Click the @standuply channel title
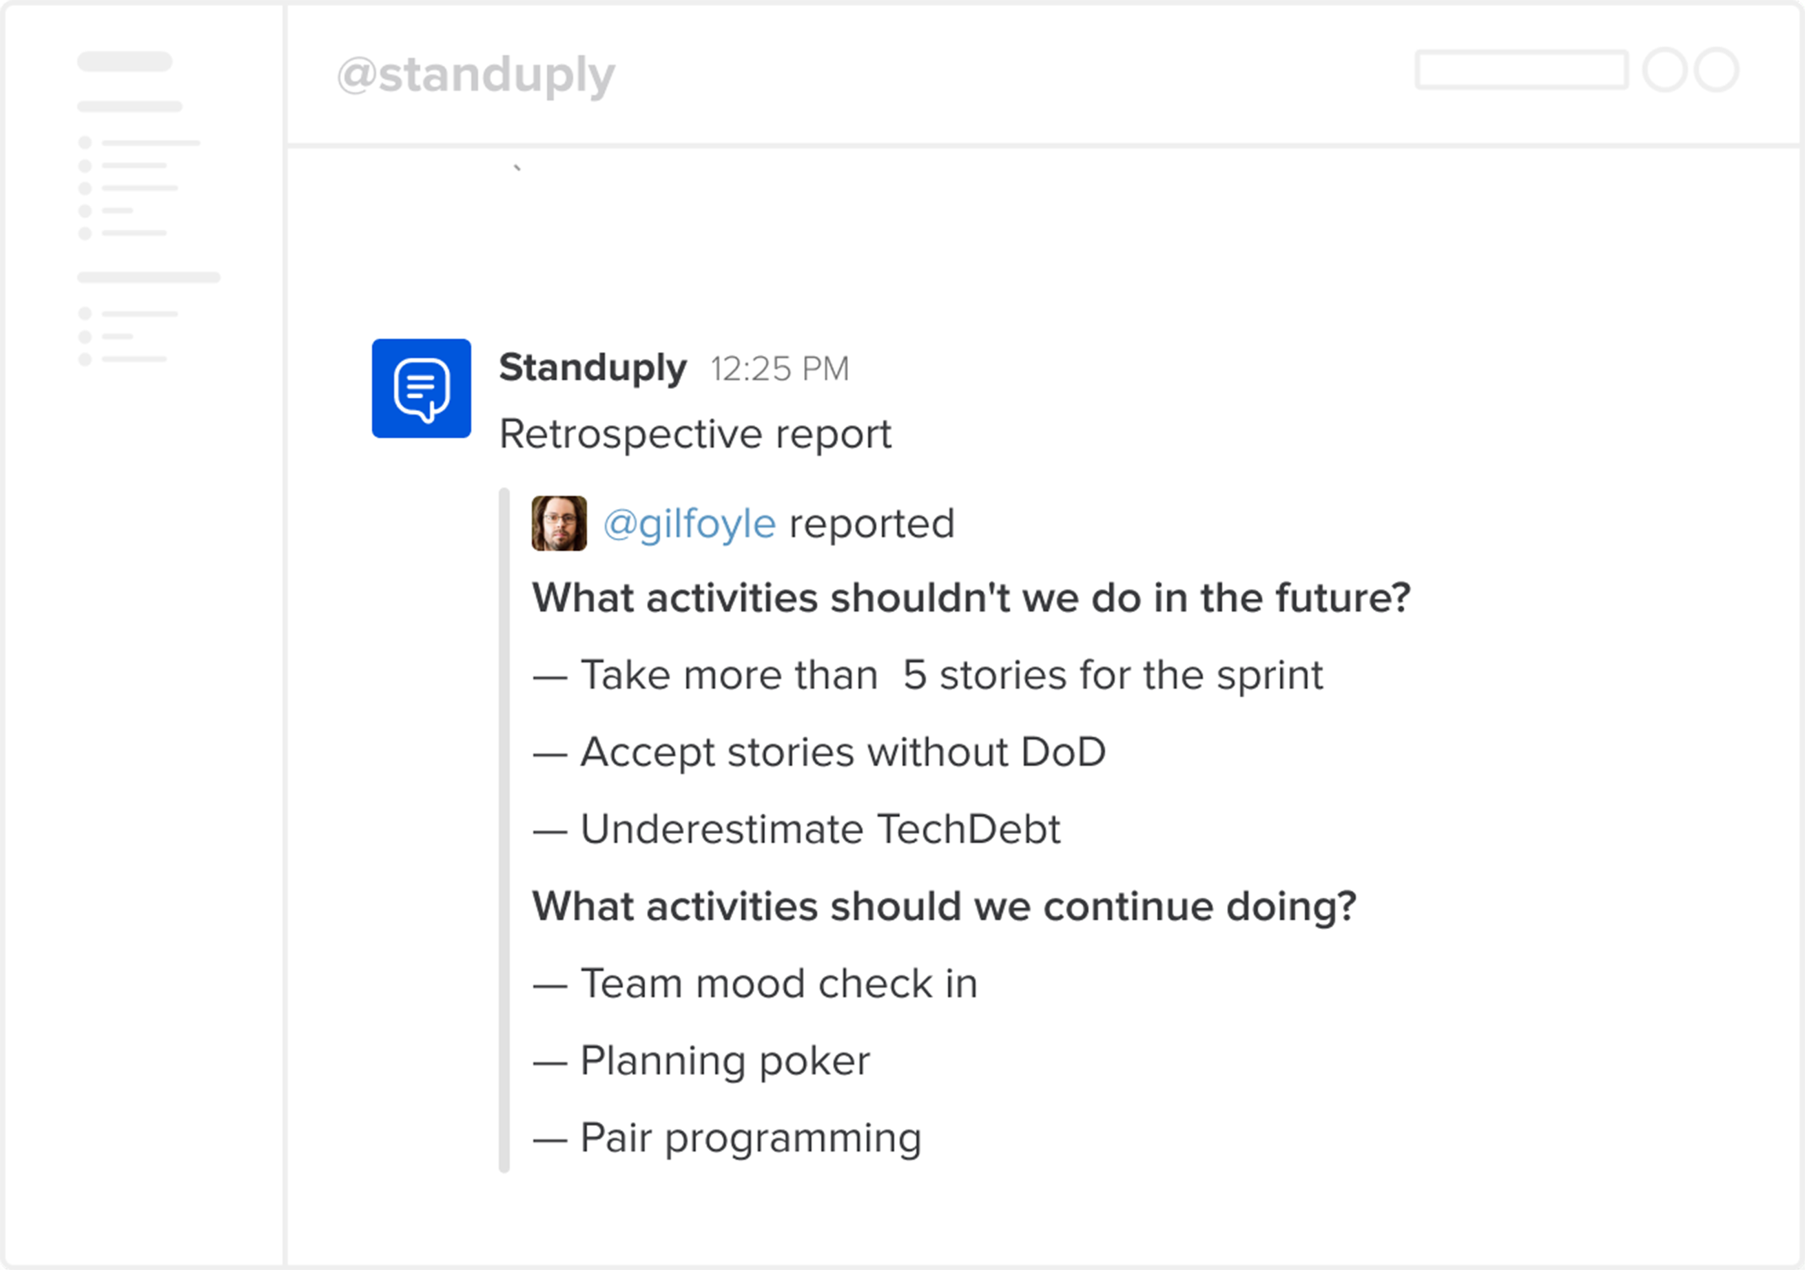[x=475, y=76]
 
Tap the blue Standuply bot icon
[x=422, y=388]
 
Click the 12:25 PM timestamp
[x=779, y=369]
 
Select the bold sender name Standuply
[x=592, y=368]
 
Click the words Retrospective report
[x=695, y=434]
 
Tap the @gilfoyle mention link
[x=690, y=524]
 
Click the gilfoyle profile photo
[x=559, y=523]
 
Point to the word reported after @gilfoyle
[x=871, y=524]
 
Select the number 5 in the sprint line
[x=914, y=675]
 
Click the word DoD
[x=1063, y=752]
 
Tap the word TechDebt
[x=969, y=829]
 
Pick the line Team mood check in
[x=778, y=984]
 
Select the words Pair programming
[x=751, y=1138]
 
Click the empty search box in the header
[x=1521, y=70]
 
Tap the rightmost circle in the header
[x=1716, y=70]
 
